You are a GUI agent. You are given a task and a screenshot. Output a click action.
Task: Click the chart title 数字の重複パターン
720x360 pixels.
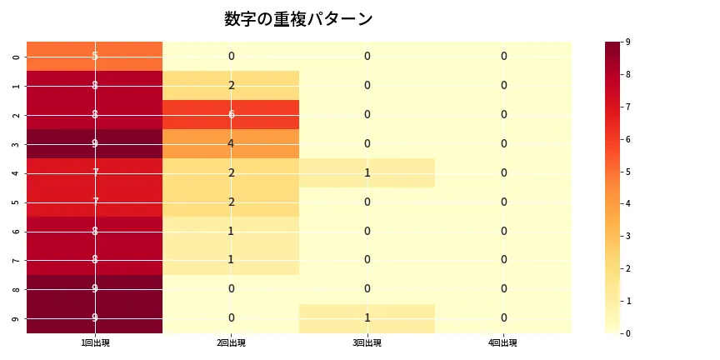tap(298, 19)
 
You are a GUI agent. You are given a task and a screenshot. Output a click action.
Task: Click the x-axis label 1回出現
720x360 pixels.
tap(94, 343)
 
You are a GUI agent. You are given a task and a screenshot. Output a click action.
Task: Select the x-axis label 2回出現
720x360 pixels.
tap(231, 343)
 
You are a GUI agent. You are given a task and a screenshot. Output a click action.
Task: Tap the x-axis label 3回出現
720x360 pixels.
tap(367, 343)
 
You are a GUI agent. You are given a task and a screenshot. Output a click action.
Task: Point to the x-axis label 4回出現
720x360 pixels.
tap(503, 343)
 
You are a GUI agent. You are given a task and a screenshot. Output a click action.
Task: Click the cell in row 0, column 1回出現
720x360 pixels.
tap(94, 56)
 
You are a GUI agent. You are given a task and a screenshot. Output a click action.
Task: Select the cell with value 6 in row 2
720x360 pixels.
tap(231, 114)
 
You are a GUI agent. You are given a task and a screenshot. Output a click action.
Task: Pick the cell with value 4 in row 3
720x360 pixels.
tap(231, 143)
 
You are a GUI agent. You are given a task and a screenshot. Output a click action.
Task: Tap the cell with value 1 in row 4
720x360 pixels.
tap(367, 172)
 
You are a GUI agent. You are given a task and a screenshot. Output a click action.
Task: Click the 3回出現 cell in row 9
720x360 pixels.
tap(367, 318)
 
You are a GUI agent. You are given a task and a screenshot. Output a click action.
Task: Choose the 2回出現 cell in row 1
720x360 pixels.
tap(231, 85)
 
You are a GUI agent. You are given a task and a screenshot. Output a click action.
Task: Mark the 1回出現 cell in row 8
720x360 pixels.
tap(94, 289)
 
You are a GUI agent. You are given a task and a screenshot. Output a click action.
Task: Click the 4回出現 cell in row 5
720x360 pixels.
tap(503, 202)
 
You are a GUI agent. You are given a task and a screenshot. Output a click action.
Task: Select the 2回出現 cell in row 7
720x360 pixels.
tap(231, 260)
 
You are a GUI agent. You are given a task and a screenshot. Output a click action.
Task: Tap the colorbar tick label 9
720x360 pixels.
tap(627, 42)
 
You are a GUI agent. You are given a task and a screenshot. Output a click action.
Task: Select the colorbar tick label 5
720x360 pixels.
tap(627, 172)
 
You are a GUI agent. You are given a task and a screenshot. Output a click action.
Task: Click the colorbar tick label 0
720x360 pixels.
tap(627, 333)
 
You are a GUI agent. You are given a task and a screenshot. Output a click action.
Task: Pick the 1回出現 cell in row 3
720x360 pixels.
tap(94, 143)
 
